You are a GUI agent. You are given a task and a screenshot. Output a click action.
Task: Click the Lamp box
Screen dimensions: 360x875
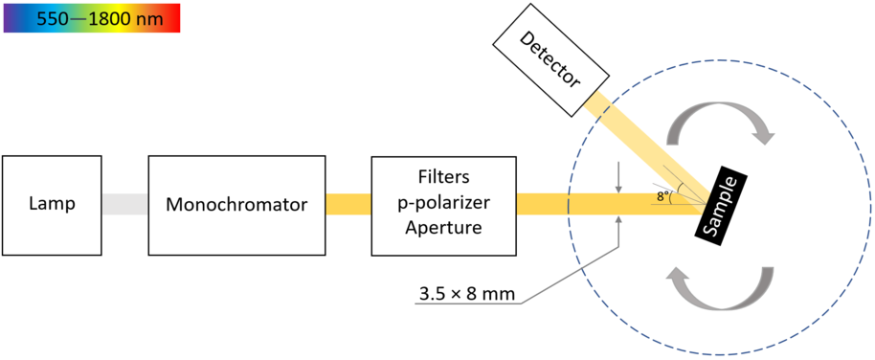point(52,204)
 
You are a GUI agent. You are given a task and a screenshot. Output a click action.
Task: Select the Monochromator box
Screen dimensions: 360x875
point(236,204)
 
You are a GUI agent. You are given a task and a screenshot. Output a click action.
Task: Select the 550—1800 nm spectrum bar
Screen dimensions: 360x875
point(91,17)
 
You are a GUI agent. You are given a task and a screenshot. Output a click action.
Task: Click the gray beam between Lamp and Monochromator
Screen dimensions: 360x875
point(124,204)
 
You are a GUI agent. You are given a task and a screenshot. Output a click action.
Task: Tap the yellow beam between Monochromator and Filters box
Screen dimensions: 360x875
point(348,204)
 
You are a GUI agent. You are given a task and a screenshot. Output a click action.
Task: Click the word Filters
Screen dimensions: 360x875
point(442,179)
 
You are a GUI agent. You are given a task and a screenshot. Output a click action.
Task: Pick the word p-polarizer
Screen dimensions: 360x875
point(442,203)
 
